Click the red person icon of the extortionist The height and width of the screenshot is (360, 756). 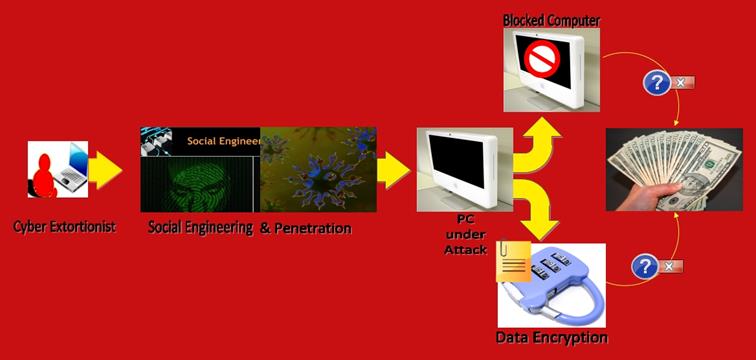[x=44, y=176]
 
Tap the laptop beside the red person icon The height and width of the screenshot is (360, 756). [x=72, y=167]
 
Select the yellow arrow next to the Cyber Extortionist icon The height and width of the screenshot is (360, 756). [x=105, y=170]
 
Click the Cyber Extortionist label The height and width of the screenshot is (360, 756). [x=64, y=227]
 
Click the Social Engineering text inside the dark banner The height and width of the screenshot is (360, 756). [x=223, y=141]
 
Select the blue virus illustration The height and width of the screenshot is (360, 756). [x=318, y=170]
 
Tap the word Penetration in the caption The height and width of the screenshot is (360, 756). [x=312, y=228]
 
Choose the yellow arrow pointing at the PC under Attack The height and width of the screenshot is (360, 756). [x=393, y=170]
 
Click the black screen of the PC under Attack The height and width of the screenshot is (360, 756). [x=457, y=161]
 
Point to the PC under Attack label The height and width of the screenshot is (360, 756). [x=465, y=234]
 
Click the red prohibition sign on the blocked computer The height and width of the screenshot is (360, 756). [x=542, y=59]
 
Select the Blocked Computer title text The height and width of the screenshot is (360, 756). [x=551, y=21]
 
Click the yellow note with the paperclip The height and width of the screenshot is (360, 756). [x=513, y=261]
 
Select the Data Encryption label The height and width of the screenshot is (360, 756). [x=551, y=336]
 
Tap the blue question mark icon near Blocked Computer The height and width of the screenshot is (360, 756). [x=657, y=83]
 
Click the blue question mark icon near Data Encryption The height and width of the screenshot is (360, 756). [x=645, y=267]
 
